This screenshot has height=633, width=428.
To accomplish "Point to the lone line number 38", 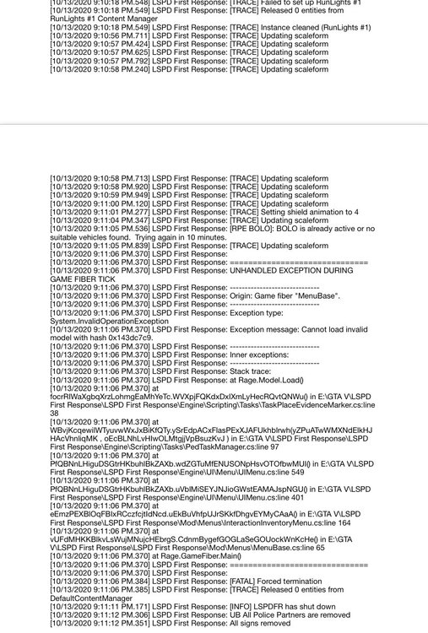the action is coord(55,413).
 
